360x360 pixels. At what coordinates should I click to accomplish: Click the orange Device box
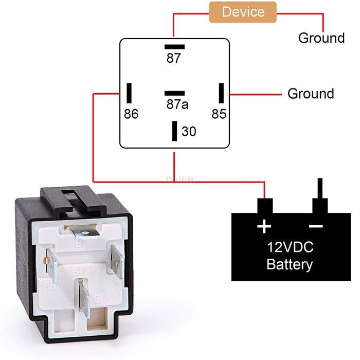point(243,12)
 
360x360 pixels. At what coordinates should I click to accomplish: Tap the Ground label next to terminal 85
point(311,94)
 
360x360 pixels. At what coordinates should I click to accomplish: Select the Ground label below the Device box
point(321,38)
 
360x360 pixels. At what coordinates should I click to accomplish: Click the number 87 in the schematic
point(174,59)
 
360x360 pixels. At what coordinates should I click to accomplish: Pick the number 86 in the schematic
point(131,114)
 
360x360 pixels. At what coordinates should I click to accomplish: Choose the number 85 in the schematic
point(219,114)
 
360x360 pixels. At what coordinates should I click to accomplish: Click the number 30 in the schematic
point(189,132)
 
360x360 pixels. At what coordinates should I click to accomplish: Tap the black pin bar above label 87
point(174,47)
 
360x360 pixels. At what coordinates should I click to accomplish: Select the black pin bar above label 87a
point(174,93)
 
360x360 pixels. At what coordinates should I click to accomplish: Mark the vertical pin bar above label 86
point(131,93)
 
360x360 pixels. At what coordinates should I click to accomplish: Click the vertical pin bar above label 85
point(222,93)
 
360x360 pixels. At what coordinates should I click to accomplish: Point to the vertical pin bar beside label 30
point(175,131)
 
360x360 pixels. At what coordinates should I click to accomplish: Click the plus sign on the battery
point(264,226)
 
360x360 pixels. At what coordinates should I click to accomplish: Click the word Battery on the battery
point(290,265)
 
